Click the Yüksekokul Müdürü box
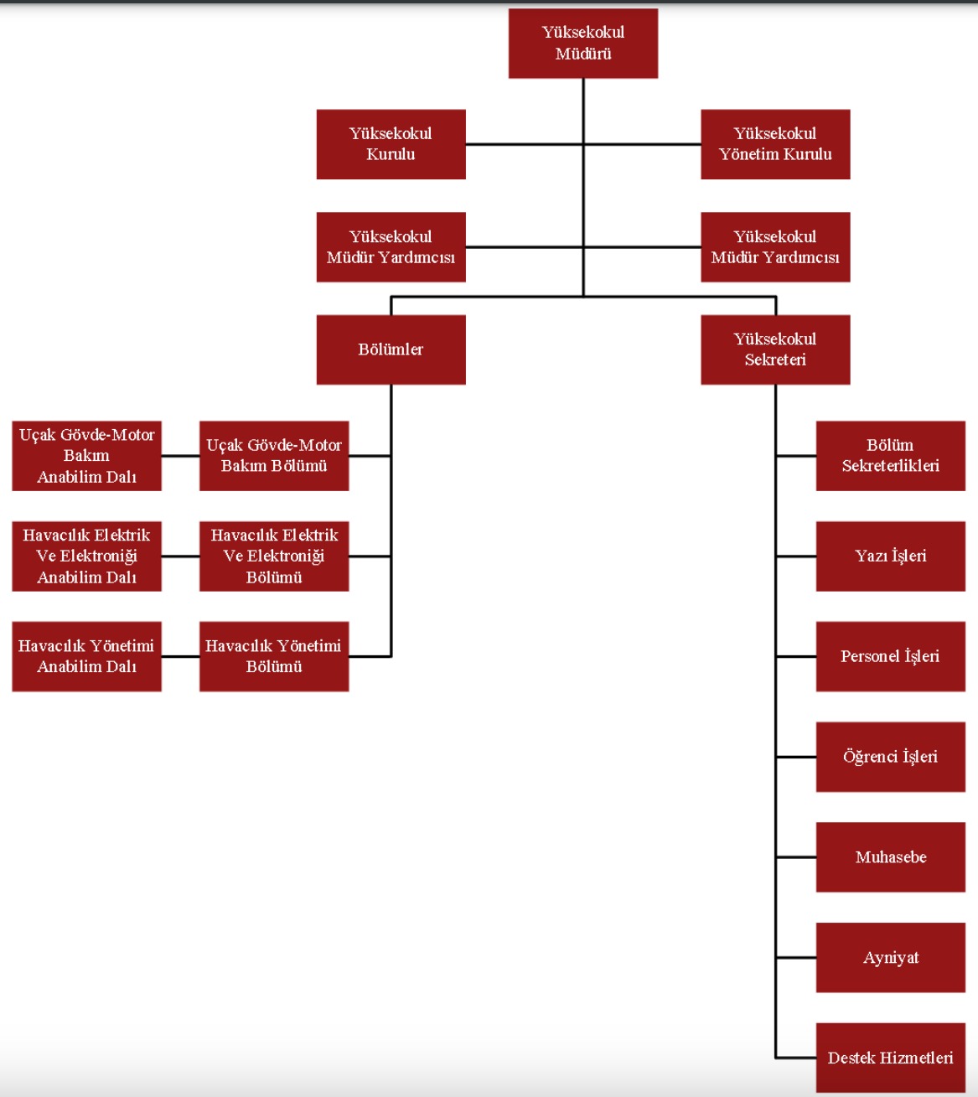pyautogui.click(x=582, y=44)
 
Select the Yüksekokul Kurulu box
pyautogui.click(x=391, y=144)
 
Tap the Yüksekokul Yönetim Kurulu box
pyautogui.click(x=775, y=144)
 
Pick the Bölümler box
pyautogui.click(x=391, y=349)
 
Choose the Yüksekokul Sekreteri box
pyautogui.click(x=775, y=349)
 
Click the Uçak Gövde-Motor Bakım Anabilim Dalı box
pyautogui.click(x=86, y=456)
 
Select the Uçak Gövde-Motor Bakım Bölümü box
pyautogui.click(x=274, y=456)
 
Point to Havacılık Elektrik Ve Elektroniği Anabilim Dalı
pyautogui.click(x=86, y=556)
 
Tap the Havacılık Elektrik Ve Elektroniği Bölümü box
pyautogui.click(x=274, y=556)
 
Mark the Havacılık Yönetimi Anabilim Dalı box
pyautogui.click(x=86, y=656)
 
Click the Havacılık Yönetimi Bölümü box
pyautogui.click(x=274, y=656)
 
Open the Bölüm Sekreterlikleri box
pyautogui.click(x=890, y=456)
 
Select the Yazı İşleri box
pyautogui.click(x=890, y=556)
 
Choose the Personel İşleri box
pyautogui.click(x=890, y=656)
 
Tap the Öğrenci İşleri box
pyautogui.click(x=890, y=757)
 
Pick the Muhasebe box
pyautogui.click(x=890, y=857)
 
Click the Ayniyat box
pyautogui.click(x=890, y=958)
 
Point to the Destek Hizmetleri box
pyautogui.click(x=890, y=1058)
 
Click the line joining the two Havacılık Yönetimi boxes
pyautogui.click(x=180, y=656)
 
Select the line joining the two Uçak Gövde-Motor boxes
pyautogui.click(x=180, y=456)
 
